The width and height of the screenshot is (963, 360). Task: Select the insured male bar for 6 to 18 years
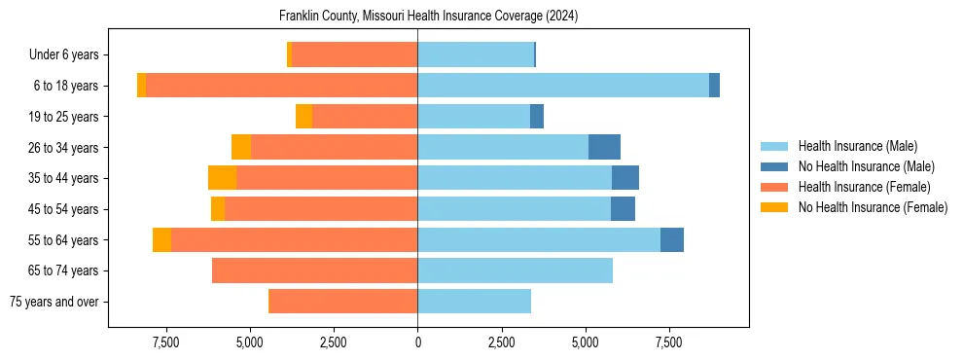point(563,86)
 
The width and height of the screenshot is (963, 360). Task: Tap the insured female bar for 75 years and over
point(342,302)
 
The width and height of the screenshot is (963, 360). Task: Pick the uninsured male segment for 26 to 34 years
point(604,147)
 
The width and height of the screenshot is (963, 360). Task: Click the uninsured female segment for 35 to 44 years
point(222,178)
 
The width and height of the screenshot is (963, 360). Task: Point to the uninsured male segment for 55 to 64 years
point(672,239)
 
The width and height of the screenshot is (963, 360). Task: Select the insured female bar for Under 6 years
point(354,54)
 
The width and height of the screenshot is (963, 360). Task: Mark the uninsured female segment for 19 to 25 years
point(303,117)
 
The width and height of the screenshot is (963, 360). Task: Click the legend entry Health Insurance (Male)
point(857,146)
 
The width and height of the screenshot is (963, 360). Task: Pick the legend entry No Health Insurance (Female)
point(872,207)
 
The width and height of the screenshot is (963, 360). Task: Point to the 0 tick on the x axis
point(418,342)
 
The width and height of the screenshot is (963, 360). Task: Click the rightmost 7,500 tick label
point(669,342)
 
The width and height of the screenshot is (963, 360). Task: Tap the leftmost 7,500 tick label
point(166,342)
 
